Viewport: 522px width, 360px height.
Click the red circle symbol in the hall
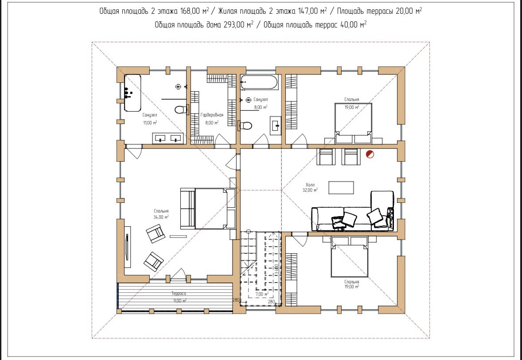pyautogui.click(x=370, y=154)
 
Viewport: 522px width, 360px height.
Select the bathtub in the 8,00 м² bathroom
pyautogui.click(x=259, y=82)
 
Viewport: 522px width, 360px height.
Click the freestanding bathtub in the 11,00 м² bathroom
pyautogui.click(x=132, y=93)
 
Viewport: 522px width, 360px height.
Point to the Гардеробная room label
pyautogui.click(x=212, y=115)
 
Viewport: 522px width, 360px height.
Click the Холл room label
pyautogui.click(x=310, y=185)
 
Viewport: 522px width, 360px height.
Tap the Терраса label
pyautogui.click(x=179, y=294)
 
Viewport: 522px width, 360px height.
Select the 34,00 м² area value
pyautogui.click(x=161, y=217)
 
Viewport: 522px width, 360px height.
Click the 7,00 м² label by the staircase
pyautogui.click(x=262, y=294)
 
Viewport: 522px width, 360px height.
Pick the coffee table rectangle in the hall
pyautogui.click(x=341, y=187)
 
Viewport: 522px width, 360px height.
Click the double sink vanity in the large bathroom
pyautogui.click(x=168, y=138)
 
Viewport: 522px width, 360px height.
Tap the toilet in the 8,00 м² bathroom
pyautogui.click(x=245, y=126)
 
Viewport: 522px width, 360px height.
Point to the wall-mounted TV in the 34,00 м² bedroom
pyautogui.click(x=127, y=247)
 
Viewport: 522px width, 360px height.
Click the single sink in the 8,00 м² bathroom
pyautogui.click(x=276, y=125)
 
